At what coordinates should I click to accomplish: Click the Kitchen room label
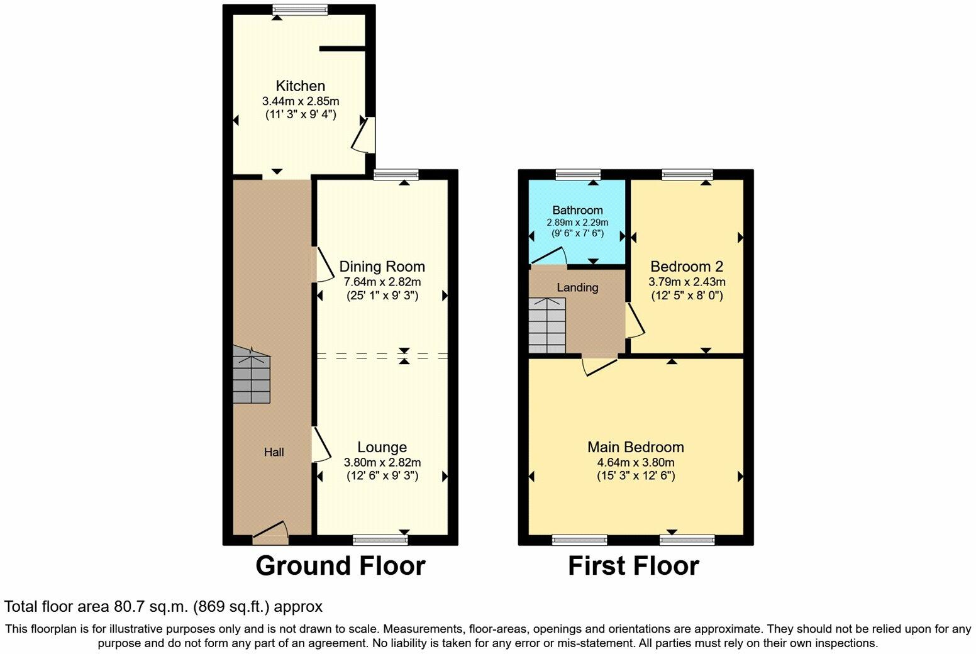coord(301,86)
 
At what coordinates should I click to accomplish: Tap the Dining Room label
coord(382,267)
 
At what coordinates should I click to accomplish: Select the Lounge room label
coord(382,447)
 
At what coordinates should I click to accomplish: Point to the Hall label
coord(274,452)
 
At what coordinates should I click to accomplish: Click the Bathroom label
coord(577,210)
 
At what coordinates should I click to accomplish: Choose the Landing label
coord(577,288)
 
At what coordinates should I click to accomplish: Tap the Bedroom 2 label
coord(687,267)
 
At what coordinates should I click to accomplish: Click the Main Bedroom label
coord(635,447)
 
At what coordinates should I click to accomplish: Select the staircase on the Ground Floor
coord(252,375)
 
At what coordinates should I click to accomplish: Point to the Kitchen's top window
coord(300,9)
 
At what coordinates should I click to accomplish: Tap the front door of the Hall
coord(271,533)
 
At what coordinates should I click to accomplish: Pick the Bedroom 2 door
coord(634,321)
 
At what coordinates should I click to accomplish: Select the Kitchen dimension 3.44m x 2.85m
coord(301,101)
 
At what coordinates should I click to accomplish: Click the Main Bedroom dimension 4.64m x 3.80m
coord(635,462)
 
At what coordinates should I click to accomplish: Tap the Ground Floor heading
coord(340,566)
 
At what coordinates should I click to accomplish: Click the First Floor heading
coord(633,566)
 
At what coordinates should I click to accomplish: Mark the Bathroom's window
coord(578,174)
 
